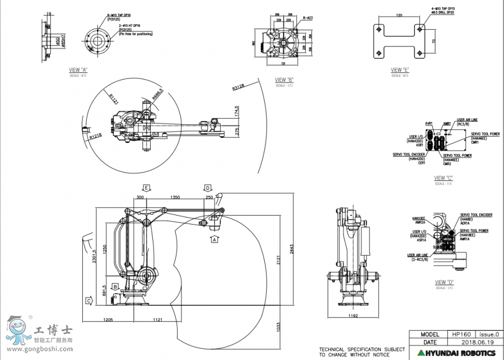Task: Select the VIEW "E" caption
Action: click(x=400, y=70)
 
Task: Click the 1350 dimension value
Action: click(x=175, y=198)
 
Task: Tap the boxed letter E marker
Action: click(x=147, y=187)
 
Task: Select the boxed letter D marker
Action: click(x=207, y=187)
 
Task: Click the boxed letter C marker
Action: click(x=88, y=300)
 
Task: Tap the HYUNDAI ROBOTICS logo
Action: click(x=456, y=353)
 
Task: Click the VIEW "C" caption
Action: click(x=444, y=178)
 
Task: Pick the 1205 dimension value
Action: click(x=108, y=319)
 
